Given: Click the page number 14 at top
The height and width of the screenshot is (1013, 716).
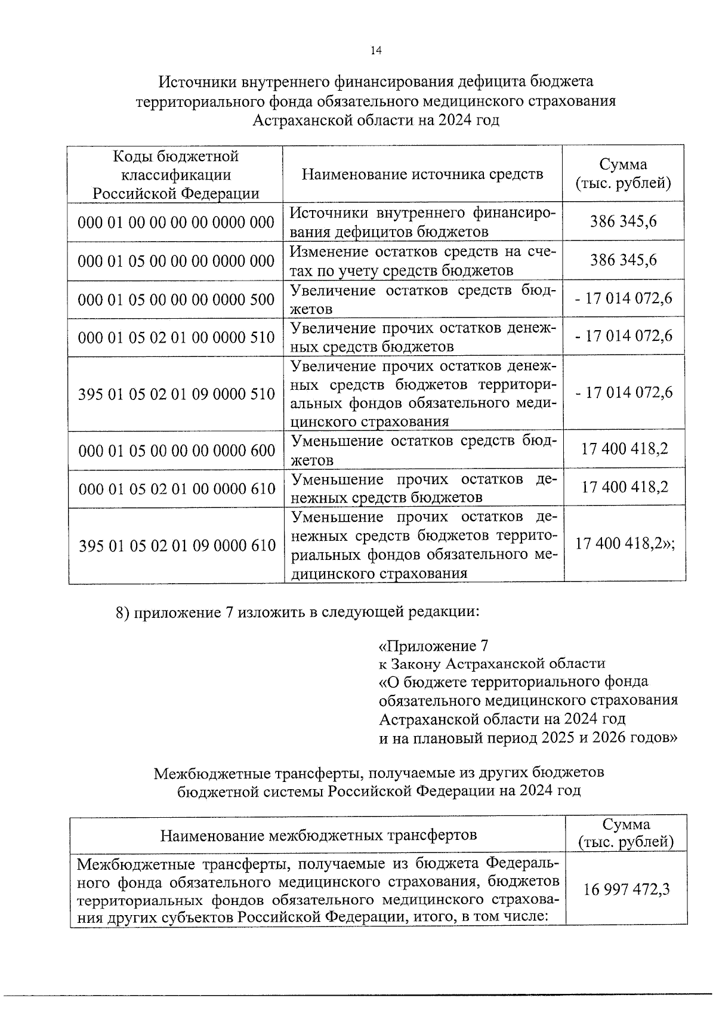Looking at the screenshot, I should [x=376, y=51].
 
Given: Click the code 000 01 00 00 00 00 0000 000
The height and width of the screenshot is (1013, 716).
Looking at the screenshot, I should [x=176, y=222].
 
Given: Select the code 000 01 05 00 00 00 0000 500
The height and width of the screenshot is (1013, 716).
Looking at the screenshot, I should [x=176, y=299].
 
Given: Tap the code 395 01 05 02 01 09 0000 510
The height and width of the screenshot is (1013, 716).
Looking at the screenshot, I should [x=176, y=394].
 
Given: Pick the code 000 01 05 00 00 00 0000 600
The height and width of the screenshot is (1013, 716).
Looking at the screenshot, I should [x=176, y=450].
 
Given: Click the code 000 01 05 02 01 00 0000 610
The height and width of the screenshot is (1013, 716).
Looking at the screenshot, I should [x=177, y=489].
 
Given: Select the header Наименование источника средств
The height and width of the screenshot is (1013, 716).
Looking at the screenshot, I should [x=422, y=174].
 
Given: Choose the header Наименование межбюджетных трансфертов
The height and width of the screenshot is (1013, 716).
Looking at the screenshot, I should [x=319, y=834].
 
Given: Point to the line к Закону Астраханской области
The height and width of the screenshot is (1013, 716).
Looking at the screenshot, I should [x=492, y=663].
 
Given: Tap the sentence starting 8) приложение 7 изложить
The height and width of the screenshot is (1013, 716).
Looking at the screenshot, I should [x=297, y=612].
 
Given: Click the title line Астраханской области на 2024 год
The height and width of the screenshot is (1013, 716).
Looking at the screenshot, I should [x=376, y=120].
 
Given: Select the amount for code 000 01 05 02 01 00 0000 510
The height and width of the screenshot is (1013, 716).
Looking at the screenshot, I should [x=624, y=336].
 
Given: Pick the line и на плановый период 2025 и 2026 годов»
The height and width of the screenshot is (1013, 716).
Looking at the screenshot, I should [x=528, y=737].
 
